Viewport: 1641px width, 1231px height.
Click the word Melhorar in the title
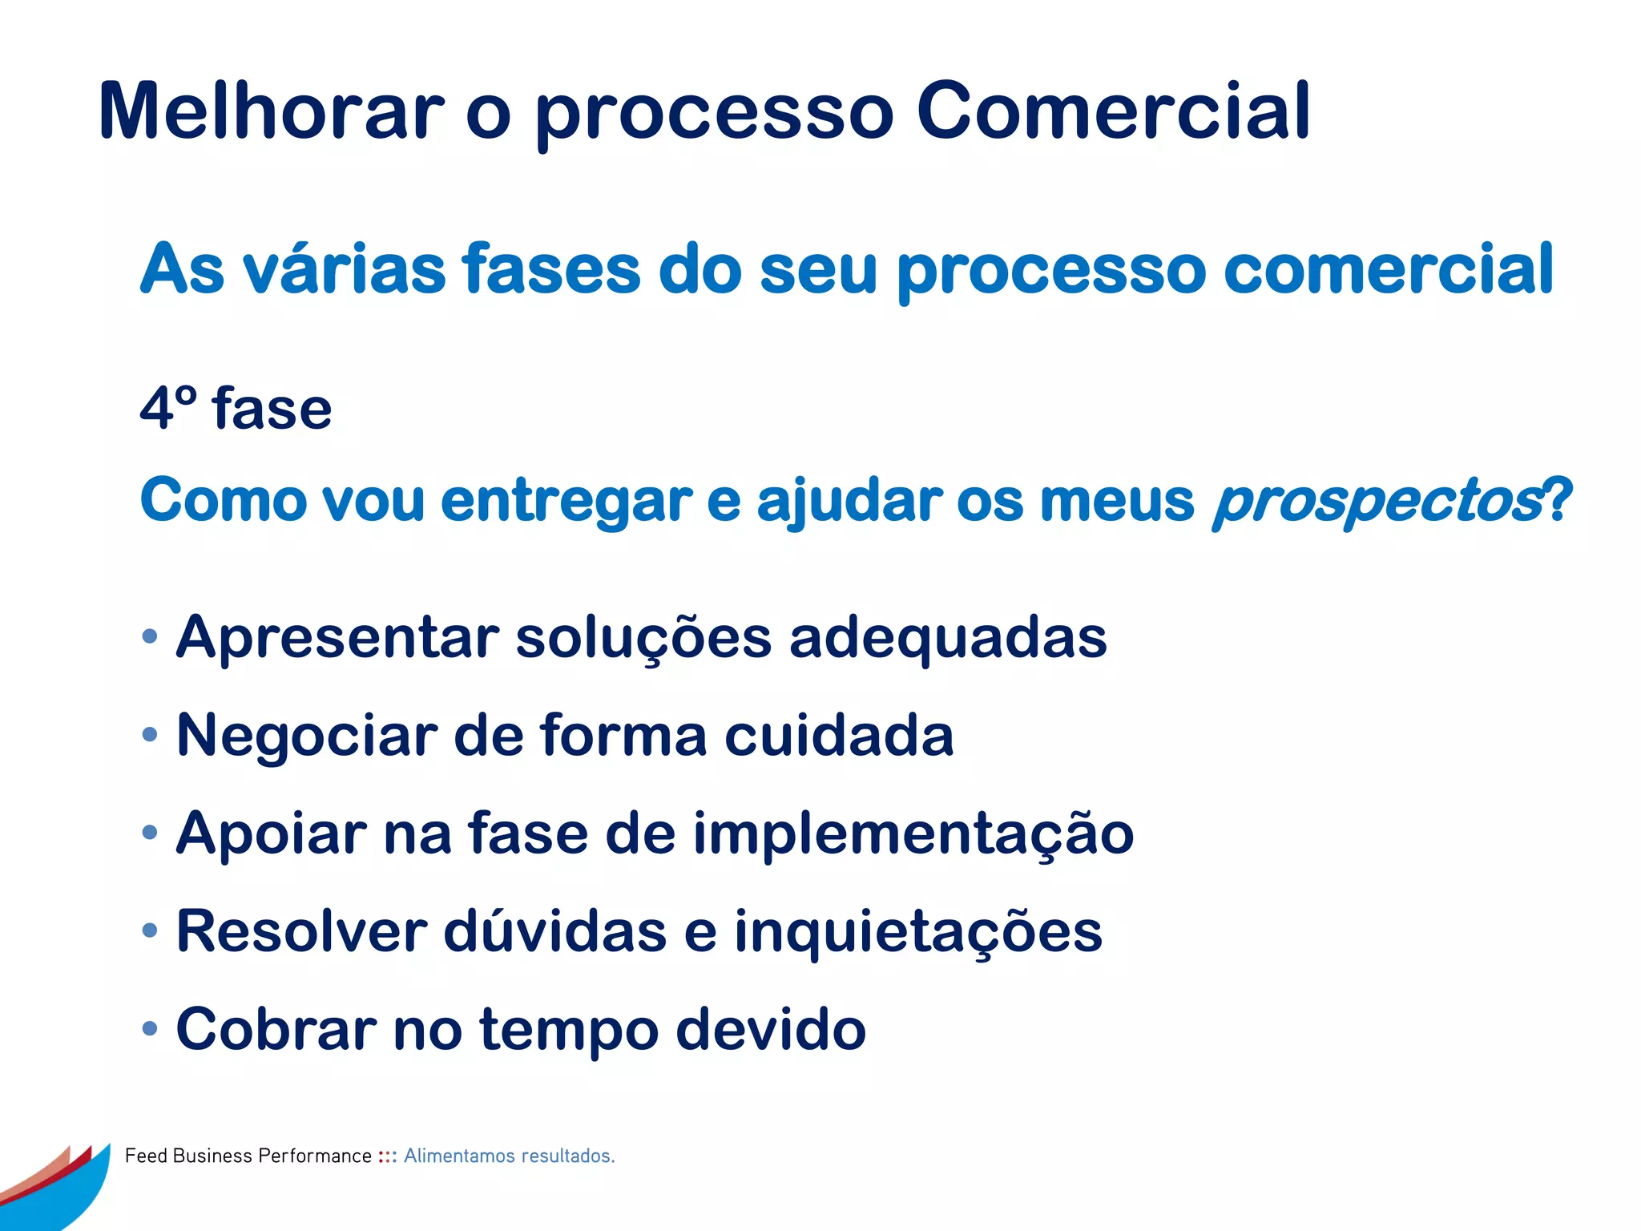click(x=271, y=112)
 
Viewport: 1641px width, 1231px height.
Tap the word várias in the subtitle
click(x=344, y=269)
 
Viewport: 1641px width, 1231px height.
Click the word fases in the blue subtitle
click(x=552, y=269)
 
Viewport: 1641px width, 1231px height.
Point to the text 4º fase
click(x=236, y=409)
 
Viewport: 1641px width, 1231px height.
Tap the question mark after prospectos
click(x=1558, y=499)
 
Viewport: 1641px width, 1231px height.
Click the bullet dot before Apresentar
click(x=149, y=637)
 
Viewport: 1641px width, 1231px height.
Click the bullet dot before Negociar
click(x=149, y=734)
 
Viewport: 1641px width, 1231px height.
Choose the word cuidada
click(x=839, y=735)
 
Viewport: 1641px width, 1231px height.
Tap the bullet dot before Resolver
click(x=149, y=930)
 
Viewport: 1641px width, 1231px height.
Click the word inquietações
click(x=918, y=932)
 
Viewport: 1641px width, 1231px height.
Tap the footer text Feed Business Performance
click(x=248, y=1156)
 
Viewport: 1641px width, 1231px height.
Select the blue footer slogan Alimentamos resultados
click(x=509, y=1156)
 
